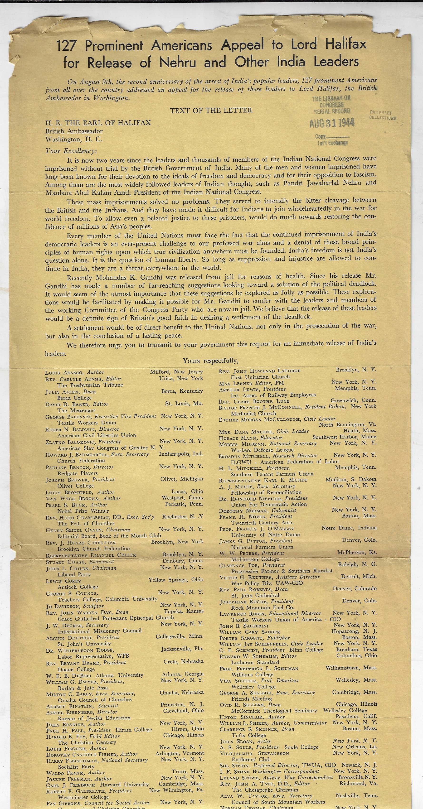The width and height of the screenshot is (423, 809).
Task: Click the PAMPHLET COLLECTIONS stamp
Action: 383,116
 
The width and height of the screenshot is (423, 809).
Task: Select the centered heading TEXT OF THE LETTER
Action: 211,110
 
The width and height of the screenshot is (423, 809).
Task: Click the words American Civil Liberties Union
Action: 97,435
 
